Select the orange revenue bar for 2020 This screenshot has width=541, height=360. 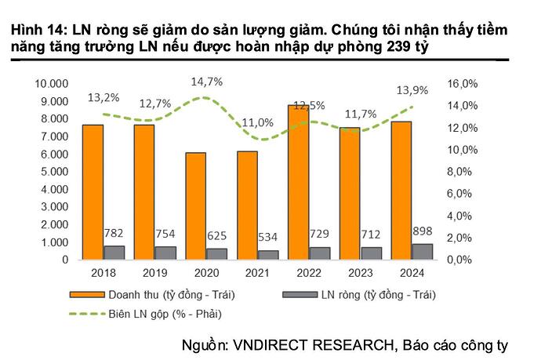coord(196,205)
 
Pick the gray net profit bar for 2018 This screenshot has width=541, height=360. coord(114,252)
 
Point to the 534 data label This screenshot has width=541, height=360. coord(268,236)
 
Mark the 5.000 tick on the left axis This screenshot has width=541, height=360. coord(56,172)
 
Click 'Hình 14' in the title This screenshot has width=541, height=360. coord(37,30)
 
